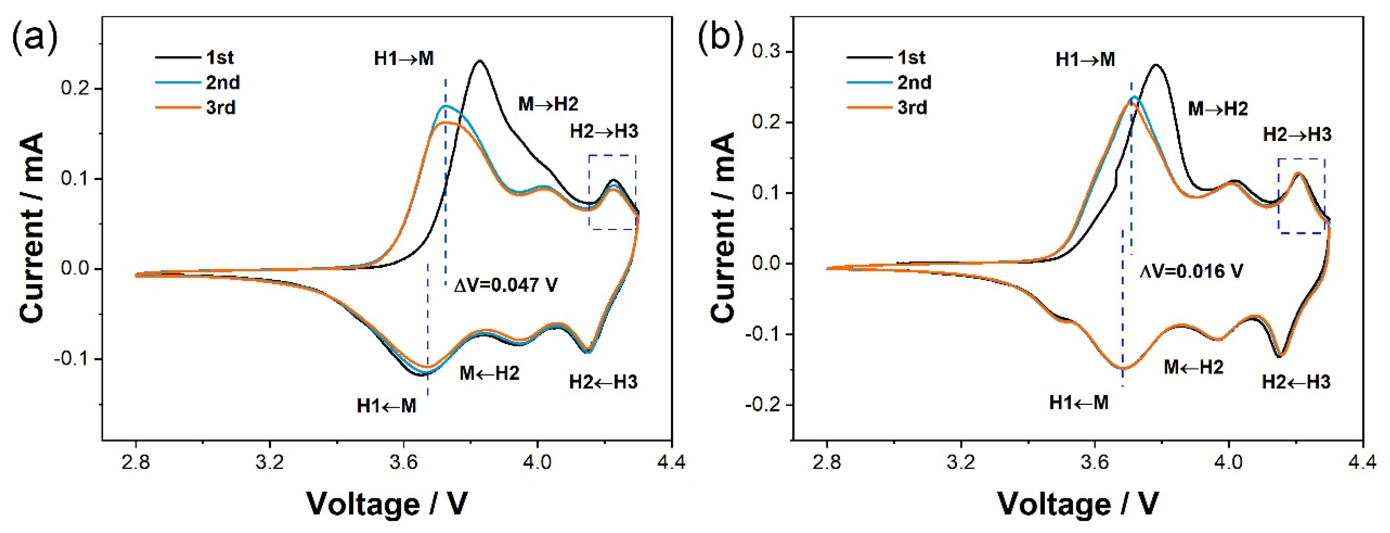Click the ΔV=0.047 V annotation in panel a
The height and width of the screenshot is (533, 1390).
click(x=505, y=285)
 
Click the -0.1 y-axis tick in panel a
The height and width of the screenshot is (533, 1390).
click(x=76, y=359)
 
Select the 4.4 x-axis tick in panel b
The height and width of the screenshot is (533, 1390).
click(x=1363, y=463)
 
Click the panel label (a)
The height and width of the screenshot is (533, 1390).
click(x=35, y=38)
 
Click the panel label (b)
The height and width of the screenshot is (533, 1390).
click(x=721, y=38)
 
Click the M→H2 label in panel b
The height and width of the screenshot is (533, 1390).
click(x=1218, y=109)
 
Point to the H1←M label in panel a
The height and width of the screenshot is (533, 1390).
click(x=386, y=406)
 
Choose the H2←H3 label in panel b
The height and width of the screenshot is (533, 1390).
click(x=1296, y=382)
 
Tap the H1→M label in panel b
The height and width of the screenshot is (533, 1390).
click(x=1085, y=59)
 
